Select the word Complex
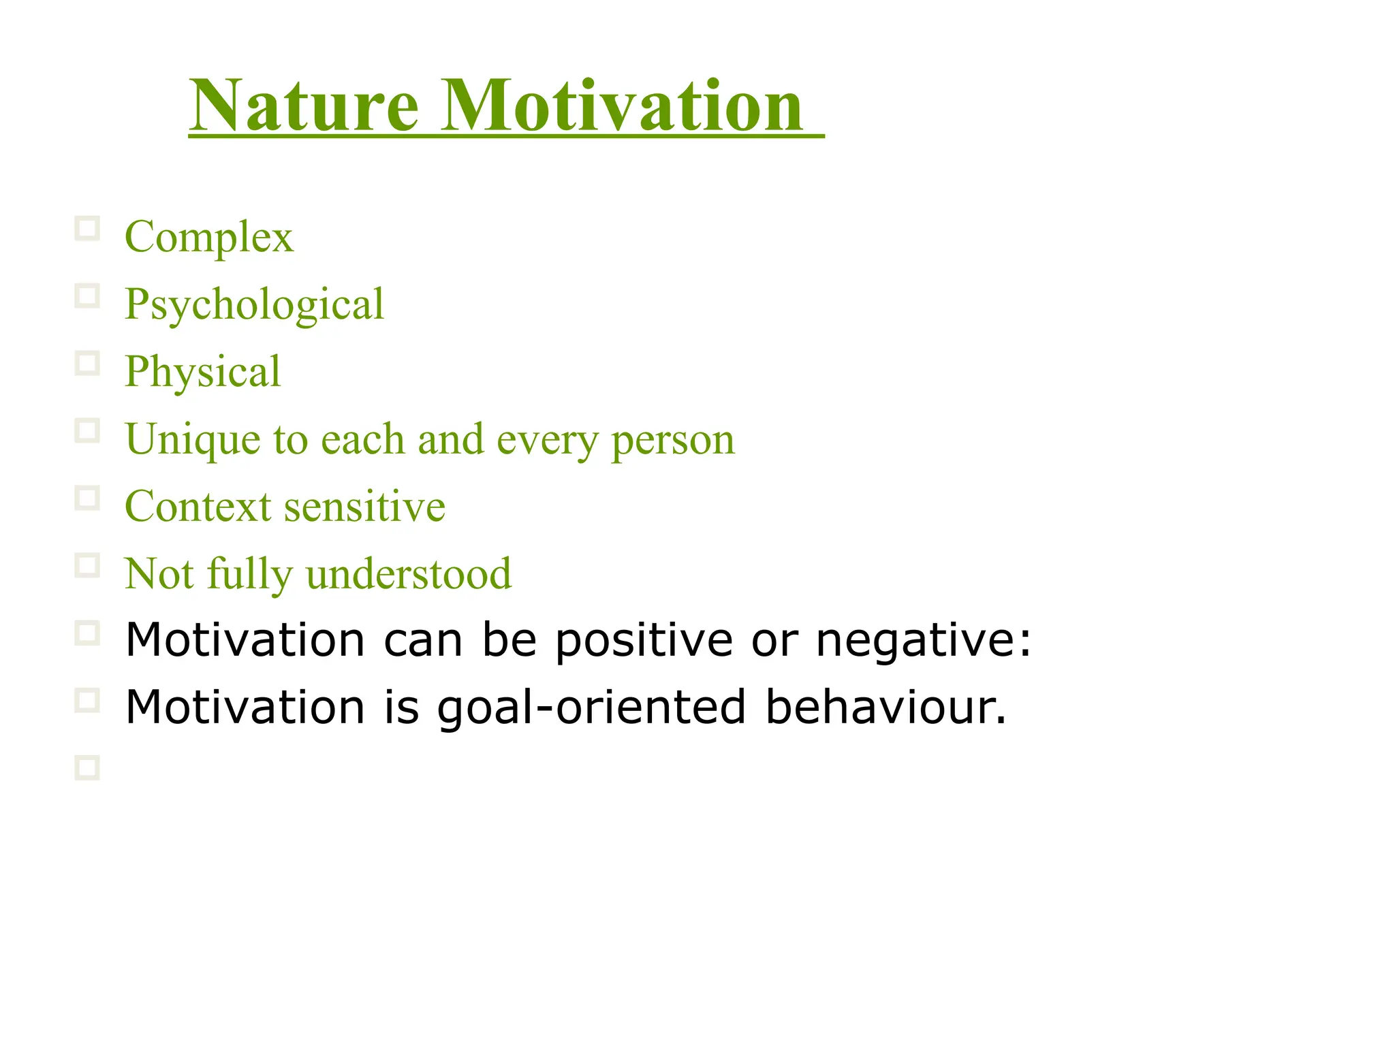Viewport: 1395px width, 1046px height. pos(209,238)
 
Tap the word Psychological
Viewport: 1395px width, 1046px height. pos(255,304)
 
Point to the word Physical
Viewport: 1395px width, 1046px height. pos(203,372)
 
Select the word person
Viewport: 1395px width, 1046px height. pos(673,441)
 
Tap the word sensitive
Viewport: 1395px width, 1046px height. pos(364,507)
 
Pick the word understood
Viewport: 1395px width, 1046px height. pos(409,573)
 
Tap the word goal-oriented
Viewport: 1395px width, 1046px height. pos(591,708)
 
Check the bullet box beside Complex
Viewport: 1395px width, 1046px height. pos(87,229)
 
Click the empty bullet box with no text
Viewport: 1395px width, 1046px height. pos(87,767)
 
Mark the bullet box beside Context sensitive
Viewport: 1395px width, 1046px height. pos(87,498)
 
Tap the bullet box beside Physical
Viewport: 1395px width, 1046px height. pos(87,364)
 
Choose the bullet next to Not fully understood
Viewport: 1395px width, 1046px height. pos(87,565)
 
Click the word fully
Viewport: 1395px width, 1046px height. pos(249,573)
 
